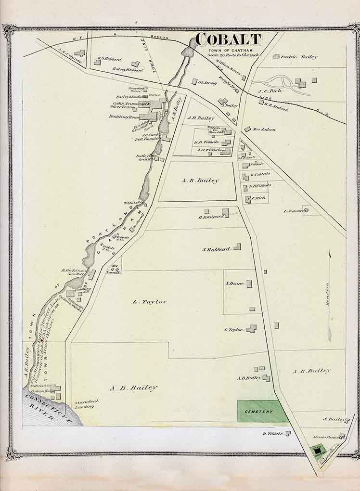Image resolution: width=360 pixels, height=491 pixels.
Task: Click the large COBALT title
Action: tap(229, 39)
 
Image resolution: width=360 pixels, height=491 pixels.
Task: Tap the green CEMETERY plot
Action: tap(259, 412)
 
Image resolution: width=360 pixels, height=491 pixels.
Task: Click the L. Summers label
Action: tap(293, 211)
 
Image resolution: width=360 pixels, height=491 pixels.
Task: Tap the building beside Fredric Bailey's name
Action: tap(276, 56)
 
